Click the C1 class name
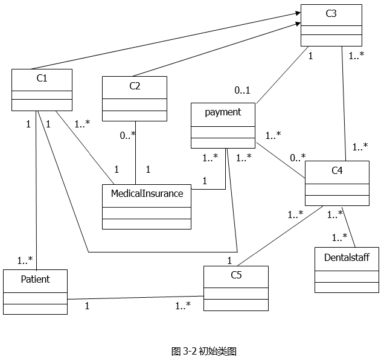tap(42, 79)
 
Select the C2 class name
tap(135, 86)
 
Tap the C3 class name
tap(331, 13)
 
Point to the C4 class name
tap(337, 170)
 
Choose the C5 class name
tap(236, 275)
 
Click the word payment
tap(223, 112)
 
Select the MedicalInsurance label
tap(147, 193)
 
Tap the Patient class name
tap(35, 279)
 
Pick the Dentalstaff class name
tap(347, 257)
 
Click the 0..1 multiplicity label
tap(242, 91)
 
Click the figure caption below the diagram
tap(204, 351)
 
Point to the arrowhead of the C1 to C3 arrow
tap(298, 13)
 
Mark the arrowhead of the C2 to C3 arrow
tap(298, 24)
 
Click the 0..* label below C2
tap(127, 135)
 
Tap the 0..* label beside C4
tap(298, 158)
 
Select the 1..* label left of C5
tap(183, 306)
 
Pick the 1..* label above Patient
tap(25, 260)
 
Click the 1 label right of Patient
tap(87, 306)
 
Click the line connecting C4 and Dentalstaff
tap(348, 227)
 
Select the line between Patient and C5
tap(135, 298)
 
